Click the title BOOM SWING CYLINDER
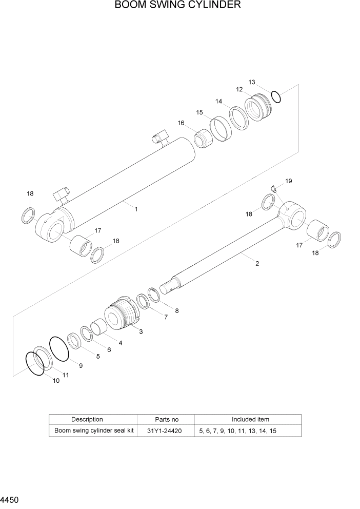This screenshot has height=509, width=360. click(x=178, y=6)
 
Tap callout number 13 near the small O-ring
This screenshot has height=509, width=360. click(x=252, y=82)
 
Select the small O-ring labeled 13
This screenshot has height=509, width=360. click(x=275, y=96)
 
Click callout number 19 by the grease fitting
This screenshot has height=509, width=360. click(x=289, y=181)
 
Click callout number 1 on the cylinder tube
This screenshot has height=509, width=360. click(x=136, y=209)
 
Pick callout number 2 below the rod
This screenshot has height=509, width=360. click(x=257, y=264)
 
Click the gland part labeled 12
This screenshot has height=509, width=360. click(x=259, y=108)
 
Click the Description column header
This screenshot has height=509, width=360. click(x=87, y=419)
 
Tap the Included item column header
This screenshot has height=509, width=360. click(x=250, y=419)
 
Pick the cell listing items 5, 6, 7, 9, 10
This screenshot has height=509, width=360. click(x=238, y=431)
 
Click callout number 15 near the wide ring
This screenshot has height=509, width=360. click(x=199, y=112)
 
